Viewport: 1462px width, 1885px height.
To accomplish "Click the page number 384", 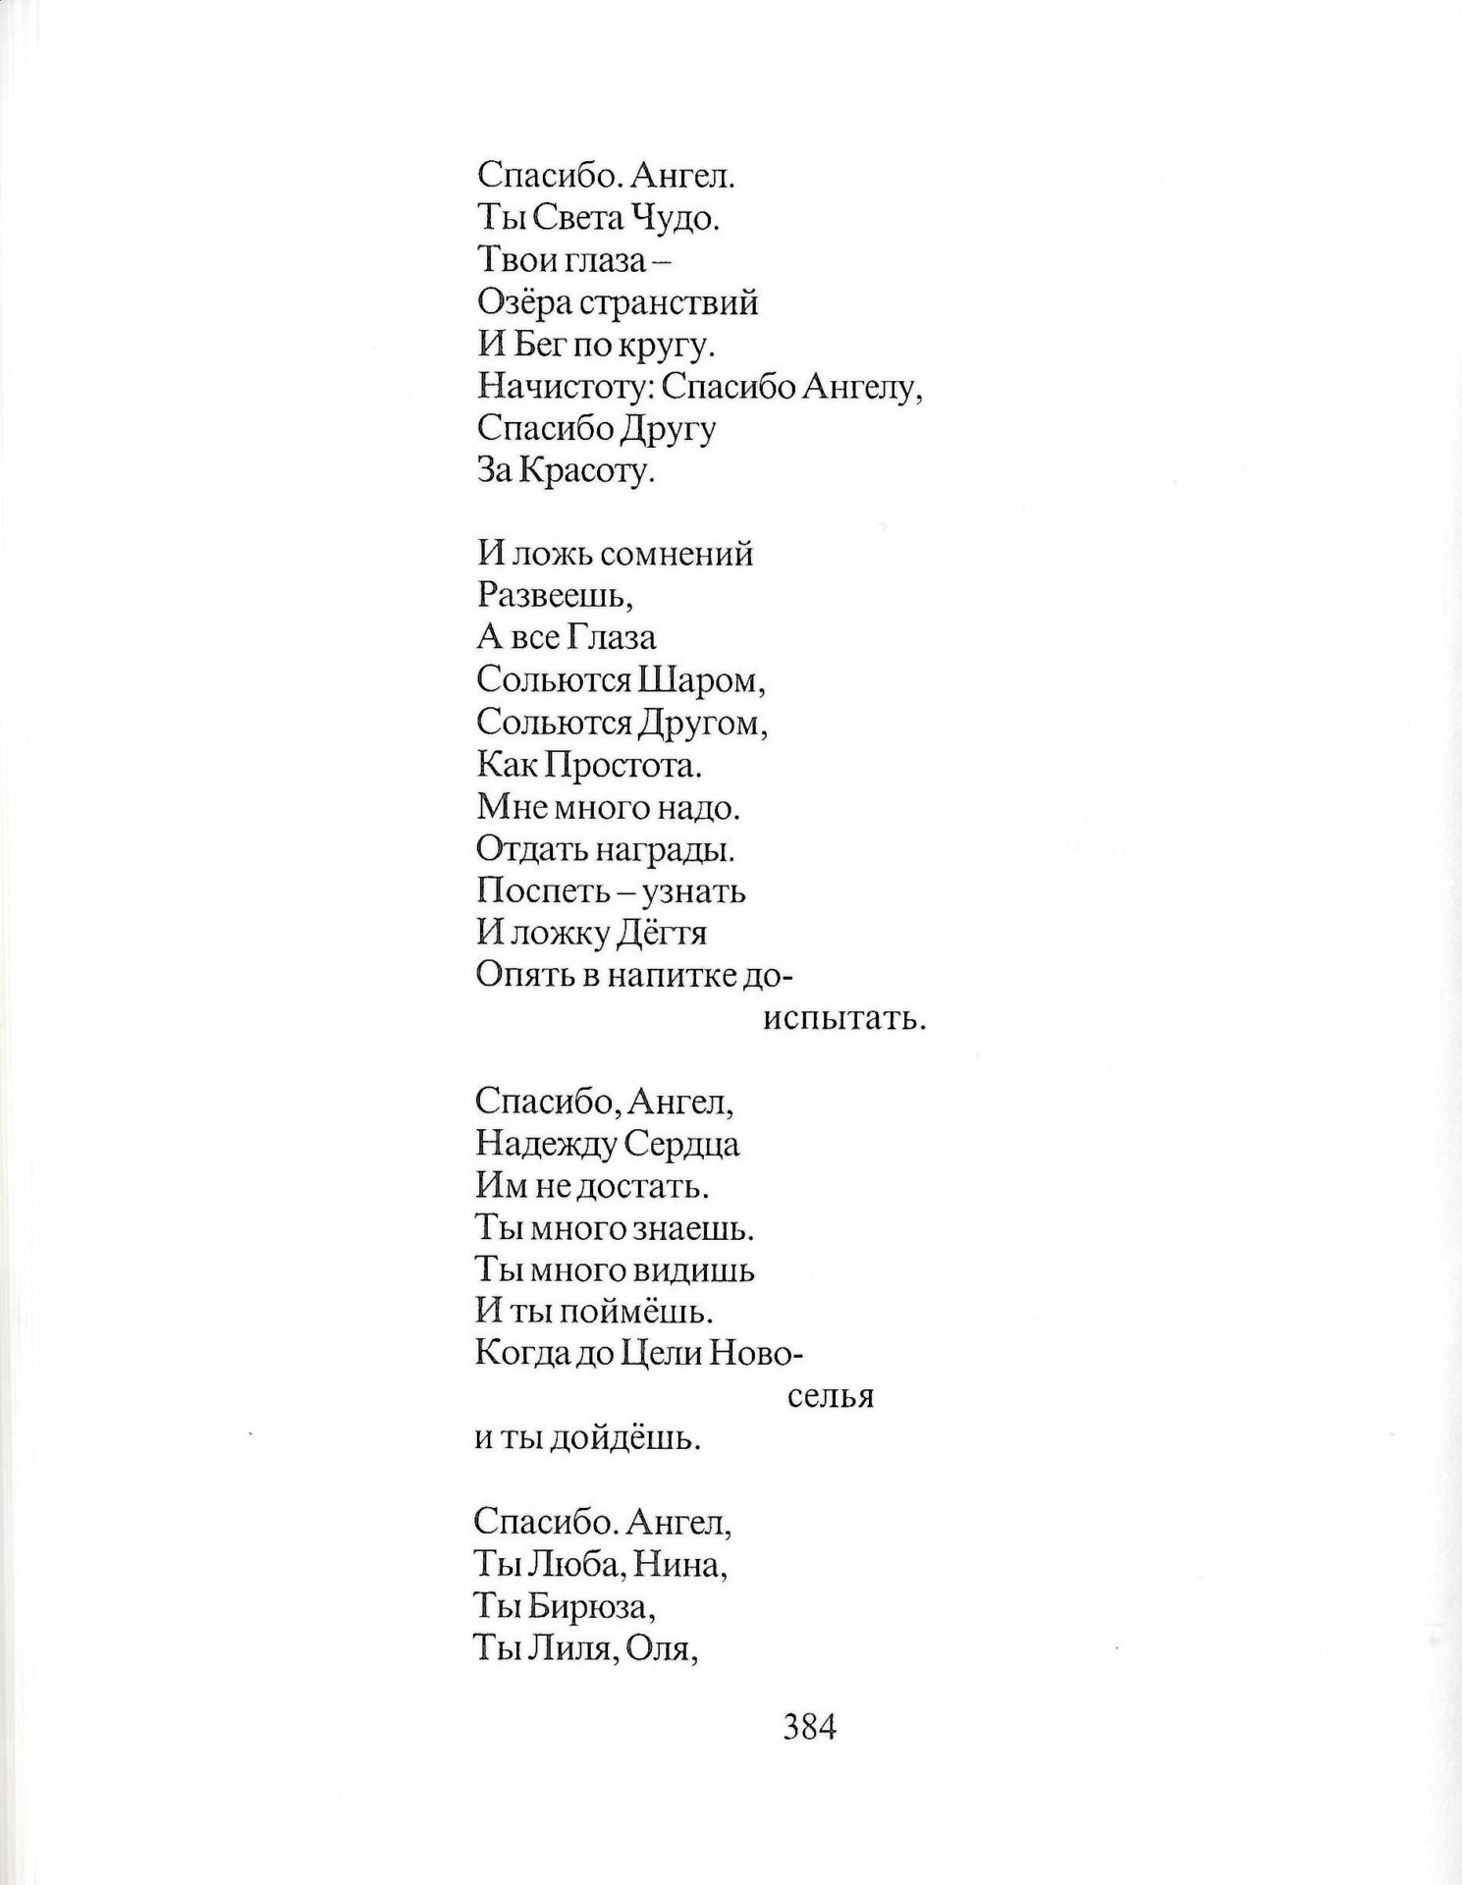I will click(809, 1752).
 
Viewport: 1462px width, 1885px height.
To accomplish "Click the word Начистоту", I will click(565, 389).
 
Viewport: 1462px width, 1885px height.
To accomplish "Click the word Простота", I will click(637, 764).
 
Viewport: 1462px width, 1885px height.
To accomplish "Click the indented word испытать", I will click(844, 1019).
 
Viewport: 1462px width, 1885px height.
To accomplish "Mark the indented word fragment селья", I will click(831, 1396).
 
